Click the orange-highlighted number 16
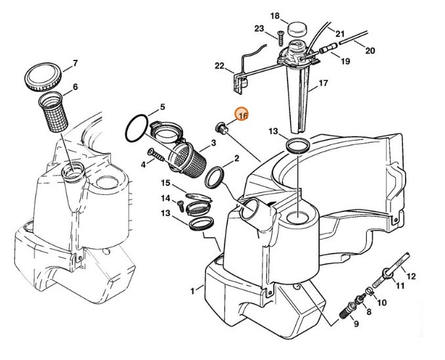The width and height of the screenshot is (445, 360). pyautogui.click(x=242, y=116)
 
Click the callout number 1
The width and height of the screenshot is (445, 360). pyautogui.click(x=192, y=290)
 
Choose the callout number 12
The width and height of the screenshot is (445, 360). pyautogui.click(x=412, y=277)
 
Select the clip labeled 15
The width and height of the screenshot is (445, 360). pyautogui.click(x=193, y=195)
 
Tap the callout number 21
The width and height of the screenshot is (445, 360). pyautogui.click(x=339, y=34)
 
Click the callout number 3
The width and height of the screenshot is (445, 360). pyautogui.click(x=213, y=143)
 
